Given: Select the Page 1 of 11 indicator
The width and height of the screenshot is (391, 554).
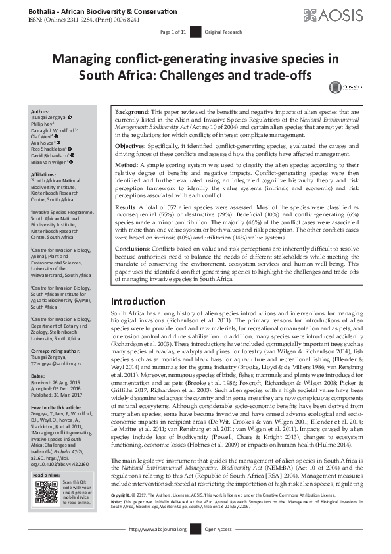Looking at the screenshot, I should click(x=173, y=32).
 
